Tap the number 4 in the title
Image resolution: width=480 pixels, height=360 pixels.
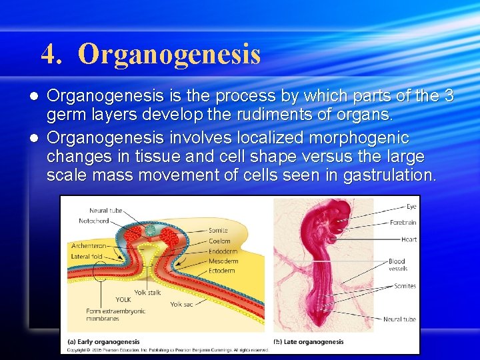(48, 54)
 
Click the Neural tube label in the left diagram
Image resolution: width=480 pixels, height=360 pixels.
(105, 211)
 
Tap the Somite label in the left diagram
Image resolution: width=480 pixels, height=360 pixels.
(218, 230)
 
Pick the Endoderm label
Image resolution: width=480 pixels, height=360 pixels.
(222, 251)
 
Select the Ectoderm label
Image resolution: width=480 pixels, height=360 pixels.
(221, 271)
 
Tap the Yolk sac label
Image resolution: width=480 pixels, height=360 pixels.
(181, 304)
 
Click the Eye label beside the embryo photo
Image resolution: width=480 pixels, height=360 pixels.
(411, 207)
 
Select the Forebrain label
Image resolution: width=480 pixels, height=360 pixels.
(403, 223)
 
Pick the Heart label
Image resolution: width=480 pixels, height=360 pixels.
(409, 239)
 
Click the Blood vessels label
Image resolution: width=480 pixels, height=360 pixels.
(397, 265)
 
